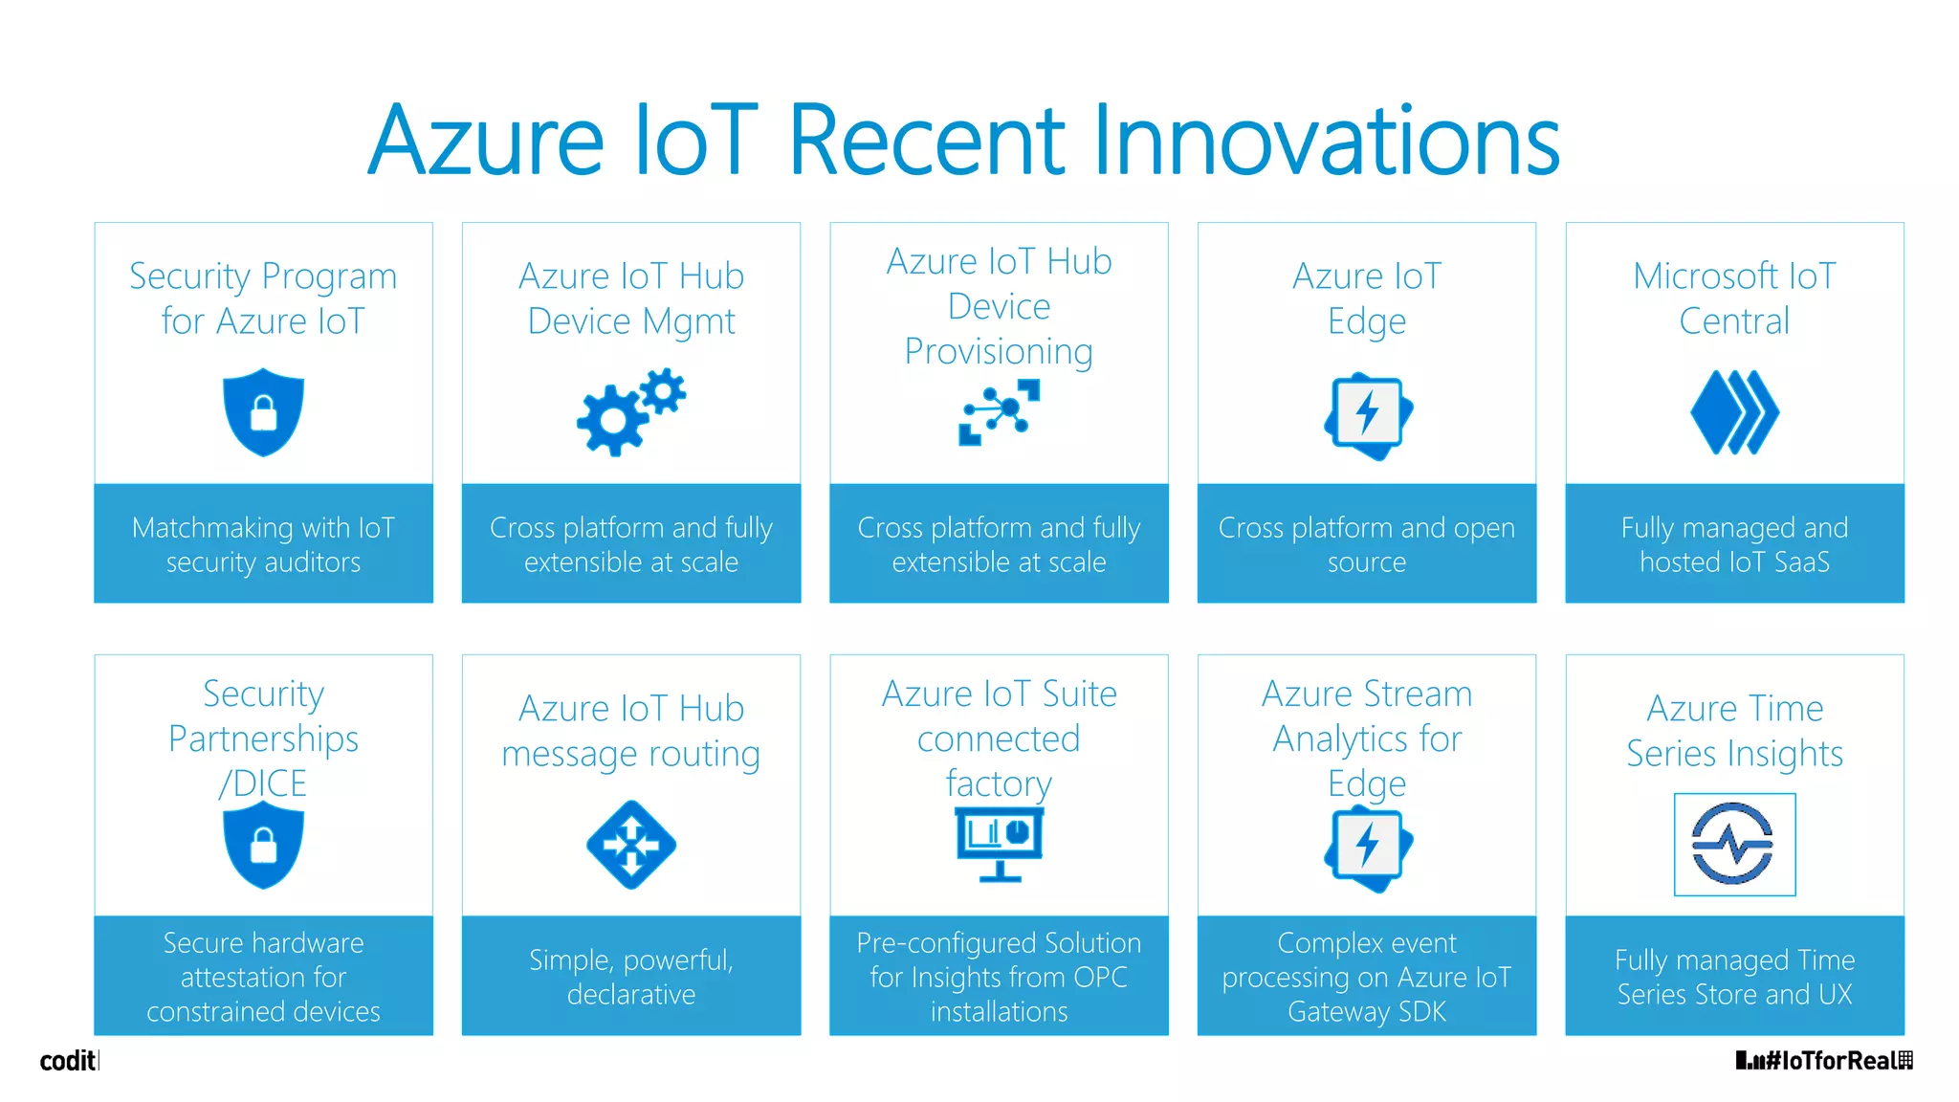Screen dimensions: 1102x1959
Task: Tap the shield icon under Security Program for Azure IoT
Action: [x=263, y=411]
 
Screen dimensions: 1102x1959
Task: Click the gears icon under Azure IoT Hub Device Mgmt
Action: [x=630, y=411]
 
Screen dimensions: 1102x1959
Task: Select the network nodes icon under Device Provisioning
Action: [x=999, y=412]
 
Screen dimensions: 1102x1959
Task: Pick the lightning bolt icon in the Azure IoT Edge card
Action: [x=1367, y=413]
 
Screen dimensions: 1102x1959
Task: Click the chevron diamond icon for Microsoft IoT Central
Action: [x=1733, y=412]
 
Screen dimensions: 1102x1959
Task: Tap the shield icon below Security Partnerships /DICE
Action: [x=263, y=845]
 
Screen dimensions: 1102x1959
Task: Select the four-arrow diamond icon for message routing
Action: [x=630, y=845]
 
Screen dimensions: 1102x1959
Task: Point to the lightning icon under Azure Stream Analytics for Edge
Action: [x=1367, y=847]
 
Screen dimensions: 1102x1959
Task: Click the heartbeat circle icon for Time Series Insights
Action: [x=1733, y=844]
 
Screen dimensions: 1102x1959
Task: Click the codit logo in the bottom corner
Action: [x=68, y=1061]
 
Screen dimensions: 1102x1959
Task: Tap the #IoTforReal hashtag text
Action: [x=1831, y=1061]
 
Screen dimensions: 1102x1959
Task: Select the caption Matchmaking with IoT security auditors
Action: [x=263, y=544]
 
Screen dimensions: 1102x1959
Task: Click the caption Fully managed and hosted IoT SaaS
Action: [x=1733, y=544]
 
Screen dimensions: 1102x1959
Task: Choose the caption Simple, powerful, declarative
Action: [x=630, y=977]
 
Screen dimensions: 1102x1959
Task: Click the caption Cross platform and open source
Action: [x=1367, y=544]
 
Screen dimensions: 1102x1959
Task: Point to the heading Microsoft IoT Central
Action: [x=1733, y=298]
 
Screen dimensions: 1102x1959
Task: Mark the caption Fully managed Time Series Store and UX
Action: [x=1733, y=977]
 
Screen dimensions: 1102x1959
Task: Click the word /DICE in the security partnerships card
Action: [x=263, y=783]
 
